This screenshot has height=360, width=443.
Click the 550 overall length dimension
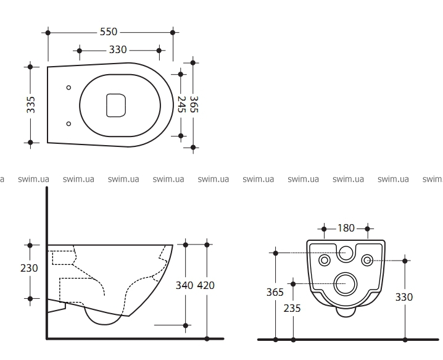click(109, 31)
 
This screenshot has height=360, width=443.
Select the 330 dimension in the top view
click(118, 50)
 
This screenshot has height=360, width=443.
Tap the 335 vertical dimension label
click(31, 104)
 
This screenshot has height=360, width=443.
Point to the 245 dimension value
click(181, 104)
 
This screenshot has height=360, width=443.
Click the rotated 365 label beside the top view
click(194, 104)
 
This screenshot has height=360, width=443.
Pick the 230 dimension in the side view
click(29, 268)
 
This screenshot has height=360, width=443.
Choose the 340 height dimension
click(184, 285)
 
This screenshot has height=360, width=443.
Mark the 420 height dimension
click(205, 285)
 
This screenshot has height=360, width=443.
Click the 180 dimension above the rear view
click(346, 228)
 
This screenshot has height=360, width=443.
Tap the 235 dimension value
click(292, 308)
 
